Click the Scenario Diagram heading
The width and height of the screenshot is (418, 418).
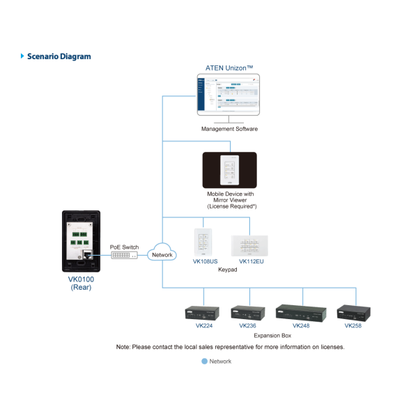point(59,56)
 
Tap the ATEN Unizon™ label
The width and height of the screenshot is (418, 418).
point(229,68)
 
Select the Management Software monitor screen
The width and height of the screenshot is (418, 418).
point(229,95)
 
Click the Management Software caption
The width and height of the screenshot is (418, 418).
point(229,129)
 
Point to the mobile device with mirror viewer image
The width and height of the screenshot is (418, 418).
point(229,170)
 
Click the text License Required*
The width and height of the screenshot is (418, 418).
point(229,206)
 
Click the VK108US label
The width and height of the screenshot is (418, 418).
point(205,262)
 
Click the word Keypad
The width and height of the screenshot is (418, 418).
point(228,269)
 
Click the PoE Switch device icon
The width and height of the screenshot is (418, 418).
point(124,256)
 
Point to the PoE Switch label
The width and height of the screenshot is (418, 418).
point(124,247)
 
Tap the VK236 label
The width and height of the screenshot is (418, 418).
point(247,325)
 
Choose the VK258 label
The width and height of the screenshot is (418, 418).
point(353,325)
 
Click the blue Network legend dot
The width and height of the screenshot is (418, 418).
point(204,362)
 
